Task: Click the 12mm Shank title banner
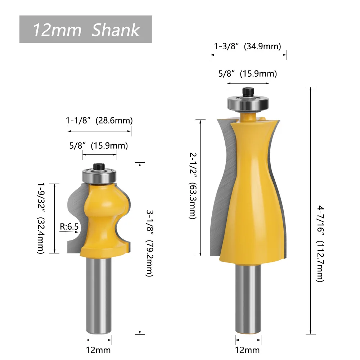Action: coord(86,29)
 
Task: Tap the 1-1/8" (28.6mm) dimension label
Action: coord(99,120)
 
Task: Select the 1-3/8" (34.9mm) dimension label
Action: coord(248,46)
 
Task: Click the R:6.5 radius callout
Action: coord(69,226)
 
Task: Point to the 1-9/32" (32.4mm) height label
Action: coord(41,218)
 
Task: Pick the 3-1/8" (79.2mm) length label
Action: coord(150,243)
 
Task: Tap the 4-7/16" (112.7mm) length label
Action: coord(320,244)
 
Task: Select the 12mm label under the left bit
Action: coord(98,350)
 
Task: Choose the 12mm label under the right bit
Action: coord(248,350)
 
